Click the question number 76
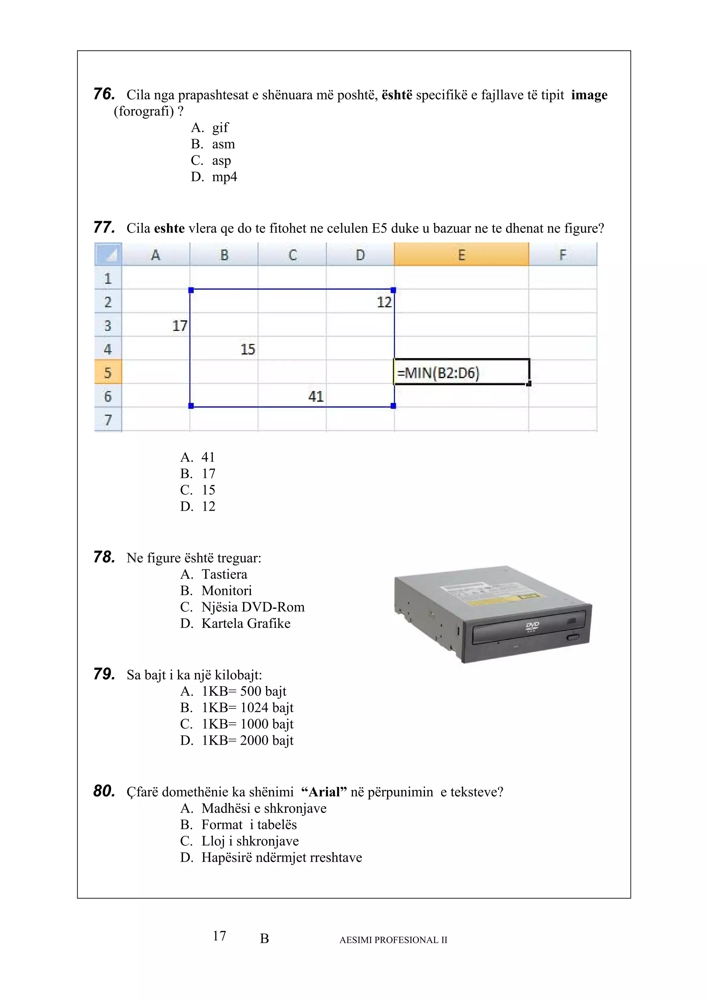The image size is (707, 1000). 104,94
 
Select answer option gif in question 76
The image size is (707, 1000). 220,128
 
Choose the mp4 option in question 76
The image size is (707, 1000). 224,177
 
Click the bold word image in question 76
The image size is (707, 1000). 589,95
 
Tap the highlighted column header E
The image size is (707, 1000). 461,254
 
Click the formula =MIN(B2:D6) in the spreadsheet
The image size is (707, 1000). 438,373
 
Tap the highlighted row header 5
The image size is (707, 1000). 108,372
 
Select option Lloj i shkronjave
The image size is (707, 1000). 250,841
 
